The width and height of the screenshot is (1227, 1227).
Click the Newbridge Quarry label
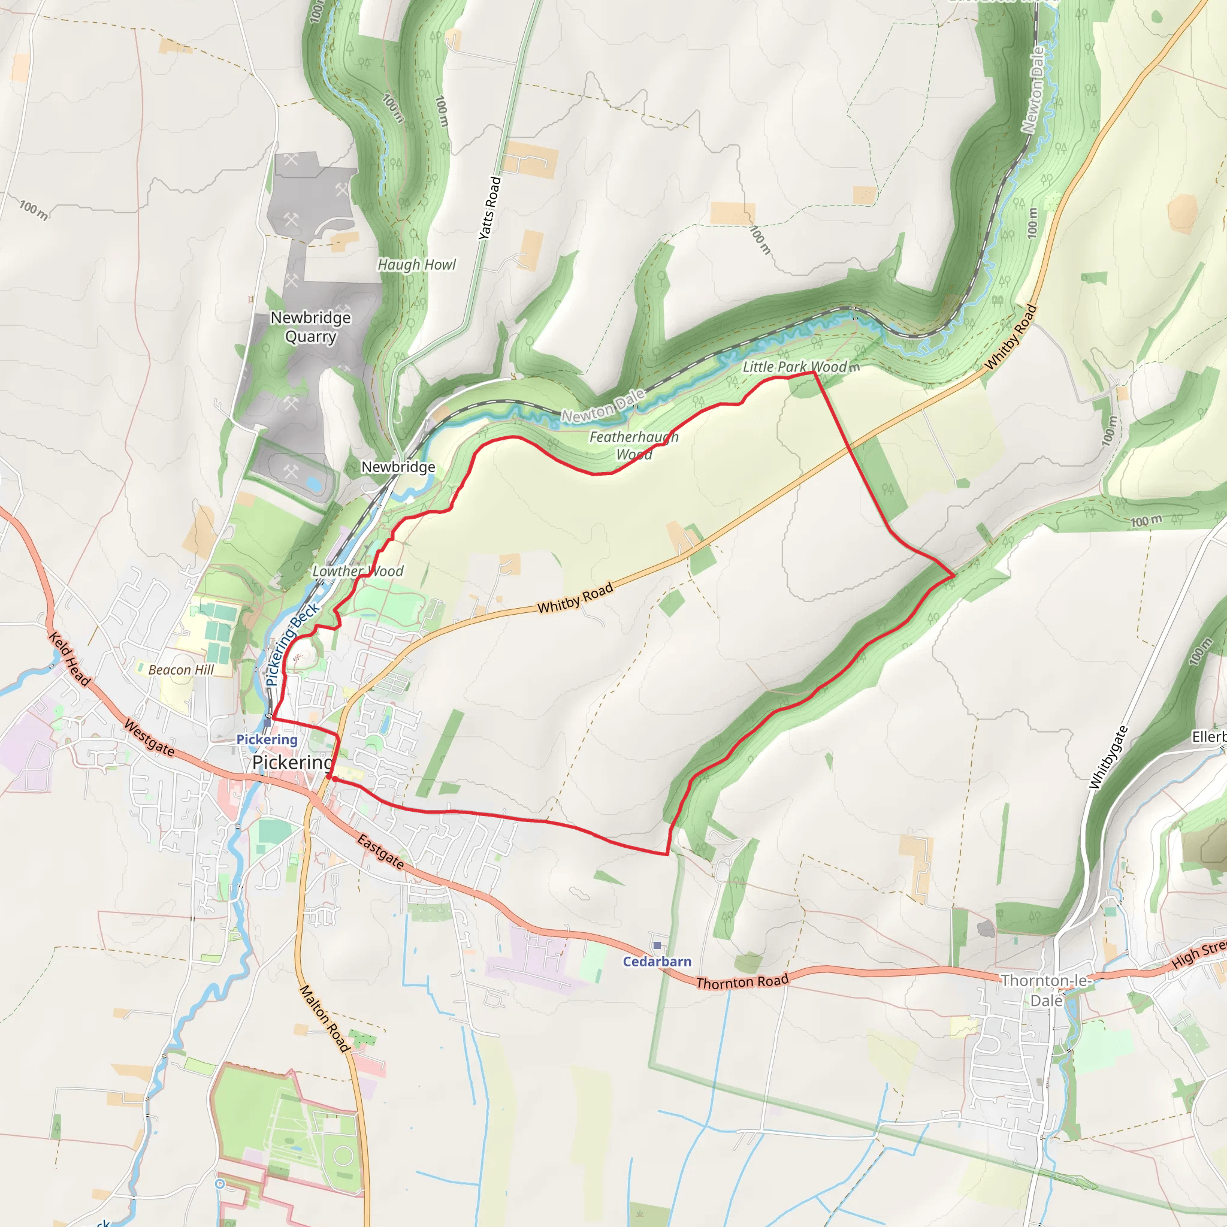(310, 327)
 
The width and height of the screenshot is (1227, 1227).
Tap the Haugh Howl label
(416, 265)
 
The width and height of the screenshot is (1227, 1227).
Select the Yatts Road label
(489, 208)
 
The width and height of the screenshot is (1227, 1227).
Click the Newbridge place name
(398, 467)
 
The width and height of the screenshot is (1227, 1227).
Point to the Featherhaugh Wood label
(634, 445)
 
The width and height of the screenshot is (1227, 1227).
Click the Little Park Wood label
(794, 367)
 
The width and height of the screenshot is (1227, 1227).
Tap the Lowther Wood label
(358, 571)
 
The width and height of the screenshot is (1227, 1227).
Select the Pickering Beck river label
(292, 644)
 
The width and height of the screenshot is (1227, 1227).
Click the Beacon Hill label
(181, 670)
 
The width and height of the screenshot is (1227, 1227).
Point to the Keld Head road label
(70, 658)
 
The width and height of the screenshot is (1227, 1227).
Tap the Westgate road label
(149, 738)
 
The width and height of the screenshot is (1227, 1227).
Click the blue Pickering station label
(267, 739)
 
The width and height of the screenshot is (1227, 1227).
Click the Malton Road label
(325, 1018)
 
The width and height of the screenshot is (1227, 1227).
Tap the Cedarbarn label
(657, 962)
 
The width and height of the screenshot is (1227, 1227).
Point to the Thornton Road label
(742, 982)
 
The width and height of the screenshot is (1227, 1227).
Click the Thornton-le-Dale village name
(1046, 990)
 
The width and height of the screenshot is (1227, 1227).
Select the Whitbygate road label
(1108, 757)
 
